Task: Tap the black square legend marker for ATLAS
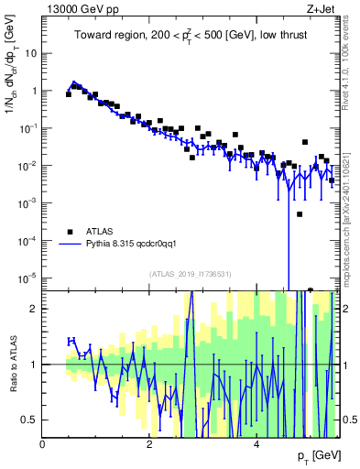pyautogui.click(x=69, y=232)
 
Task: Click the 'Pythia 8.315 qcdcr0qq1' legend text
pyautogui.click(x=137, y=245)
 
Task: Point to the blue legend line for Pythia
pyautogui.click(x=69, y=245)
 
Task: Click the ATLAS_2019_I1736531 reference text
pyautogui.click(x=191, y=274)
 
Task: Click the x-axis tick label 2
pyautogui.click(x=149, y=443)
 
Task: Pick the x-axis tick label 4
pyautogui.click(x=256, y=443)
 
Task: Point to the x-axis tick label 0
pyautogui.click(x=42, y=443)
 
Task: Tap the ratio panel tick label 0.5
pyautogui.click(x=29, y=420)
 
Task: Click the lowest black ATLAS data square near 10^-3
pyautogui.click(x=300, y=214)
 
